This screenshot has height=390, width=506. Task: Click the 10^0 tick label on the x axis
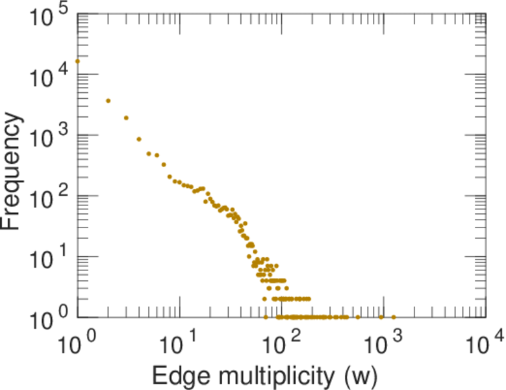point(78,344)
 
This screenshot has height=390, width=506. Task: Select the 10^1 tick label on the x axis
point(180,344)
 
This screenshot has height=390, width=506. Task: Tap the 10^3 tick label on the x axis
point(384,344)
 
